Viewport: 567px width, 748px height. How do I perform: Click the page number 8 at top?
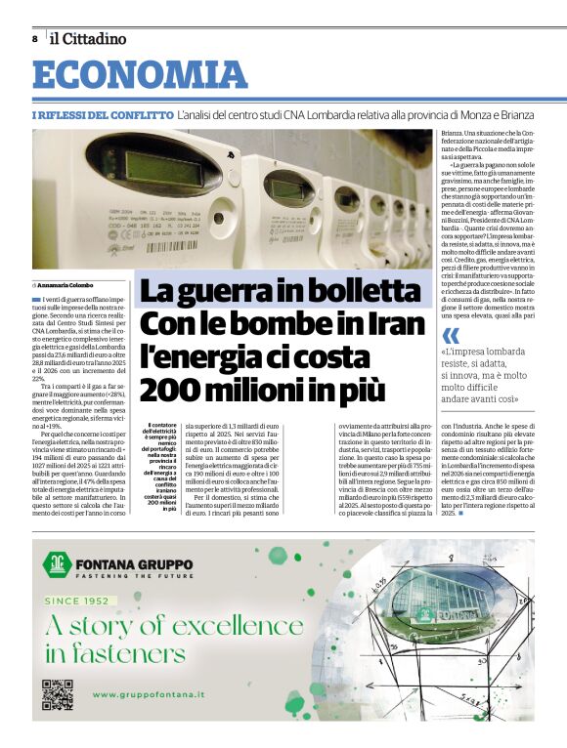[35, 39]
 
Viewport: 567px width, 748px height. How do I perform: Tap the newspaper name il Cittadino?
[88, 39]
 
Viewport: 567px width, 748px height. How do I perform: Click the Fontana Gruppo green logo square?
[55, 563]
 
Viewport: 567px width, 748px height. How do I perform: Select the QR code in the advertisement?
[57, 694]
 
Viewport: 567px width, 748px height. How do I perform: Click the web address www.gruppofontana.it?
[149, 694]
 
